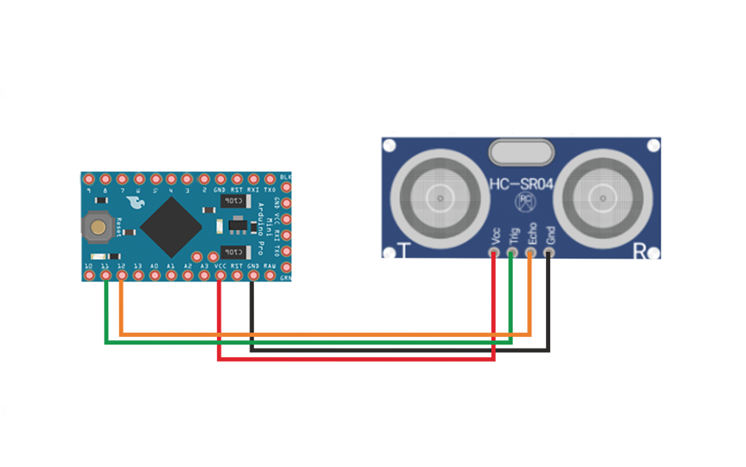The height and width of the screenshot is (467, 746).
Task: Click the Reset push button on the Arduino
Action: click(100, 227)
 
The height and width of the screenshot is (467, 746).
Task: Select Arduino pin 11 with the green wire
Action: click(106, 276)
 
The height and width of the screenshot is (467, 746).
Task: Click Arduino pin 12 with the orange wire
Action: click(122, 276)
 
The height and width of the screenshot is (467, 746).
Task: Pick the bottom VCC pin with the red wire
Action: click(220, 276)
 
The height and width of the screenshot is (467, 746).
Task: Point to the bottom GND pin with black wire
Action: click(253, 276)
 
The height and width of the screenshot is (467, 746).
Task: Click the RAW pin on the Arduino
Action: click(269, 276)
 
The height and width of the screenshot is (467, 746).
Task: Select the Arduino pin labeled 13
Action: click(138, 276)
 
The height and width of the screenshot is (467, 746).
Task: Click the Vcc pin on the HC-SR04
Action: click(495, 252)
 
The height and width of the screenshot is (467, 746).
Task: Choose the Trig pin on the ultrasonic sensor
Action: click(512, 252)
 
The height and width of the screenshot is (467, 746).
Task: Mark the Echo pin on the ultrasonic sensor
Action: click(531, 252)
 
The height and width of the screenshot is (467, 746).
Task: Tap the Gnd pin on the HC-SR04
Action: click(548, 252)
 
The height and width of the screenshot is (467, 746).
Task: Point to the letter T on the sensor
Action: click(405, 251)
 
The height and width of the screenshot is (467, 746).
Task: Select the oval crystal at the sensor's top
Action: click(522, 152)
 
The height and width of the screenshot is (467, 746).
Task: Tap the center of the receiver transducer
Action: click(603, 197)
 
